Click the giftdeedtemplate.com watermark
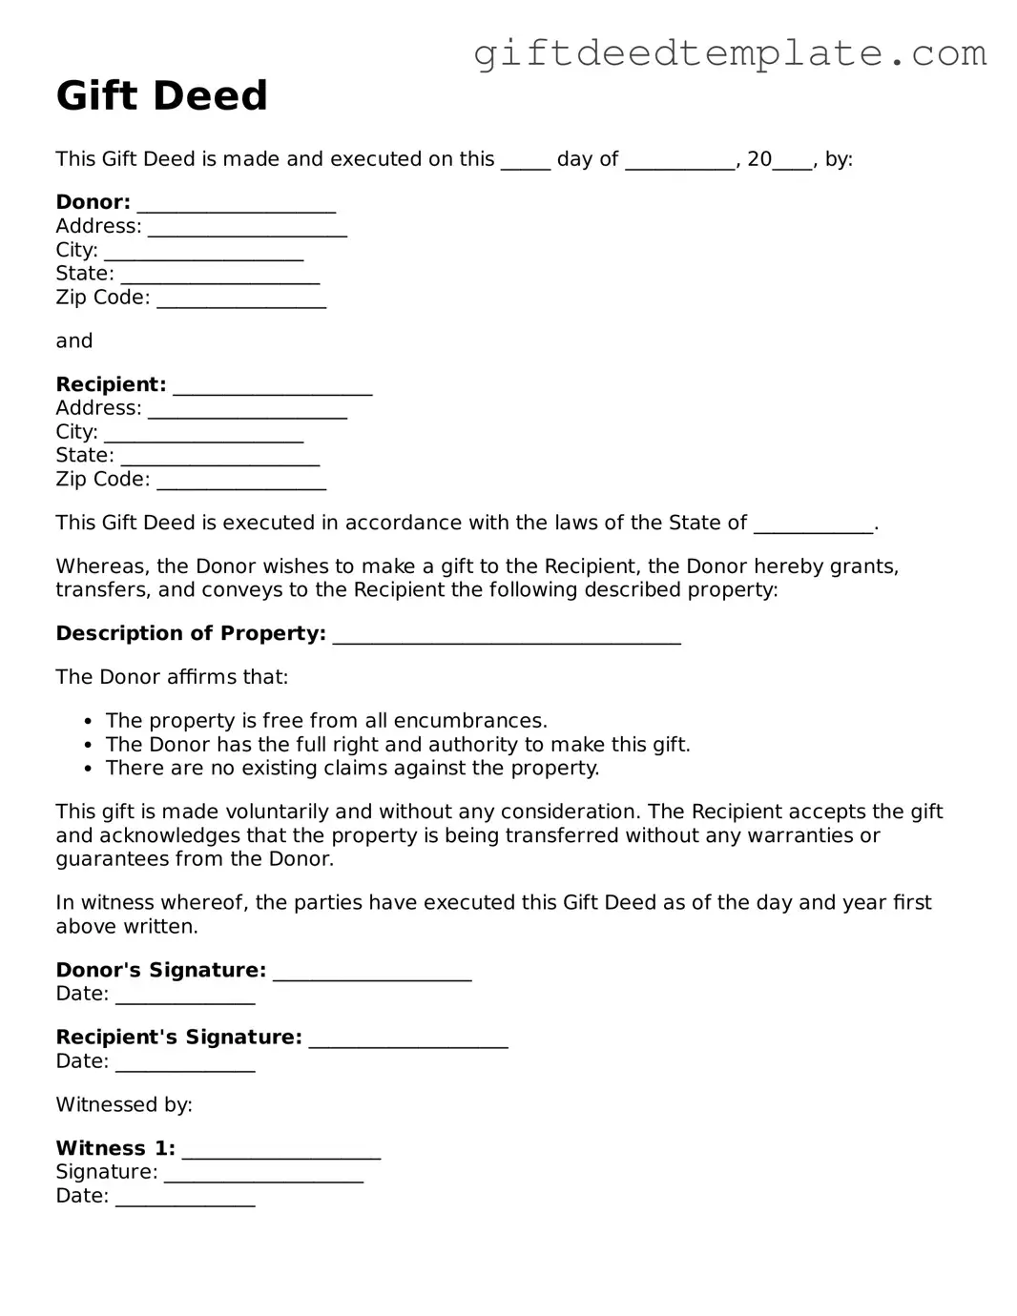point(730,53)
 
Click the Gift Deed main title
point(161,95)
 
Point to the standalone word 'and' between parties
point(74,341)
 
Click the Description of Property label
point(191,633)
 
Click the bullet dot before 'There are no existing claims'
point(89,769)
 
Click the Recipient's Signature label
point(178,1038)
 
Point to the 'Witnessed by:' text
point(124,1105)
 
